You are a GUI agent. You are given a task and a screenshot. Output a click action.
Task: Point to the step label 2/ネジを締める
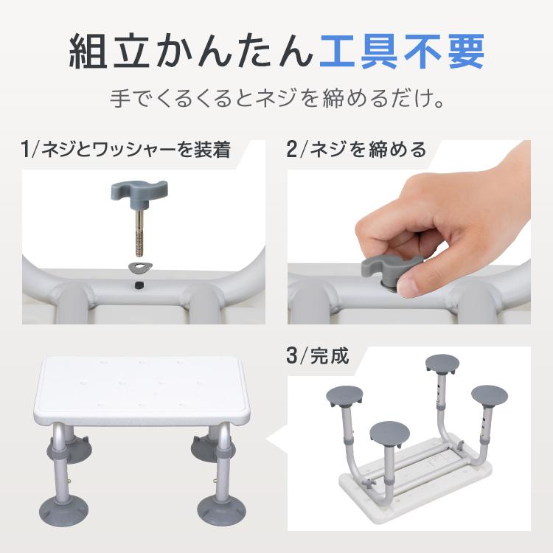coord(357,150)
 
